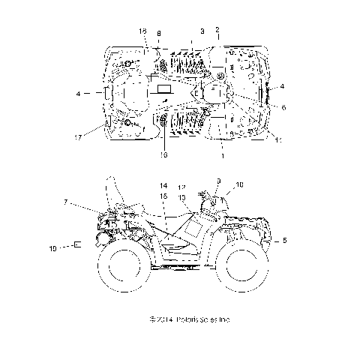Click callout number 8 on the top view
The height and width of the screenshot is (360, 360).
pos(159,33)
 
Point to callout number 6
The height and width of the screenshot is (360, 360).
pos(283,107)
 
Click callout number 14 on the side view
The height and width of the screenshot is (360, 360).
pos(162,185)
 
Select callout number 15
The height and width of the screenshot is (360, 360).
pos(163,195)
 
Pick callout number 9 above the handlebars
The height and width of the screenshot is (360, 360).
pos(218,181)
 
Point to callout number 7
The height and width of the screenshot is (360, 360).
pos(66,202)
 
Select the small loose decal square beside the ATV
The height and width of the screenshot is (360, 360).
pos(77,243)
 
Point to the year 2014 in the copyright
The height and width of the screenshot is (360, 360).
pos(162,319)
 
